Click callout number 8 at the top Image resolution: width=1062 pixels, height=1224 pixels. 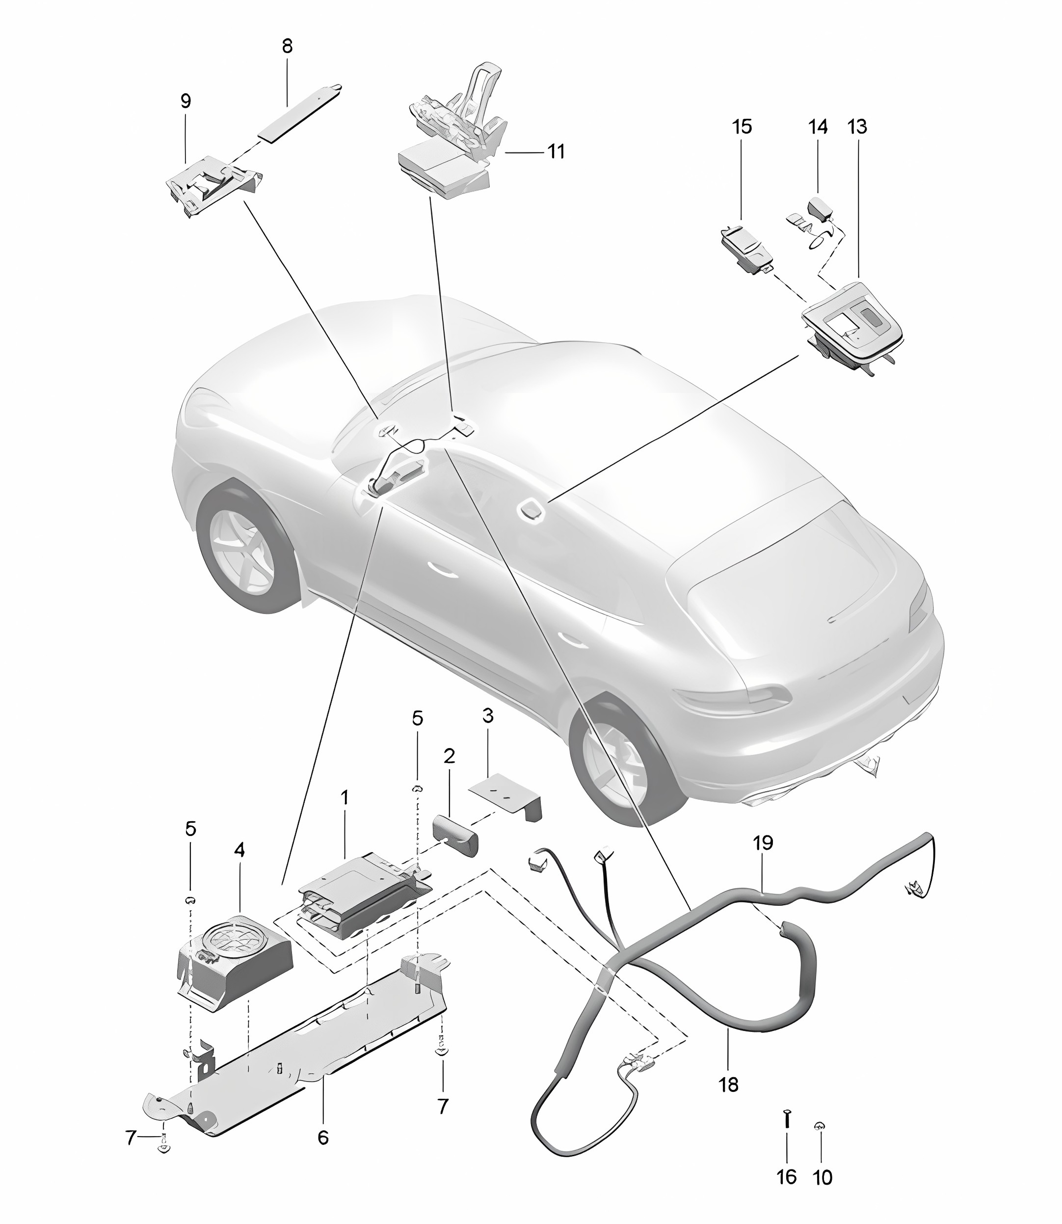[288, 46]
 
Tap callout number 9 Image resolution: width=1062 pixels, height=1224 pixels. [186, 101]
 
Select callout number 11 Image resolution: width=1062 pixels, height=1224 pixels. [556, 152]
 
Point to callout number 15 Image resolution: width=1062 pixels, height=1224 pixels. [742, 127]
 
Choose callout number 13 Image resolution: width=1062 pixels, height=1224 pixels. [857, 127]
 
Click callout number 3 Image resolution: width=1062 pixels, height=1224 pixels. [488, 716]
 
